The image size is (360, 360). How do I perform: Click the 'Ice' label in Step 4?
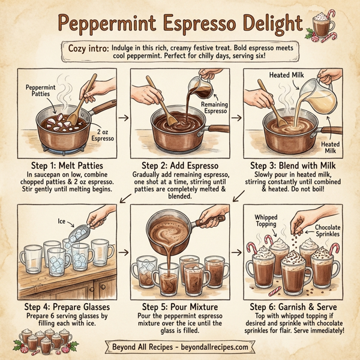(x=62, y=220)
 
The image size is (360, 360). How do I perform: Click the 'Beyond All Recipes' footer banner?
(x=180, y=347)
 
